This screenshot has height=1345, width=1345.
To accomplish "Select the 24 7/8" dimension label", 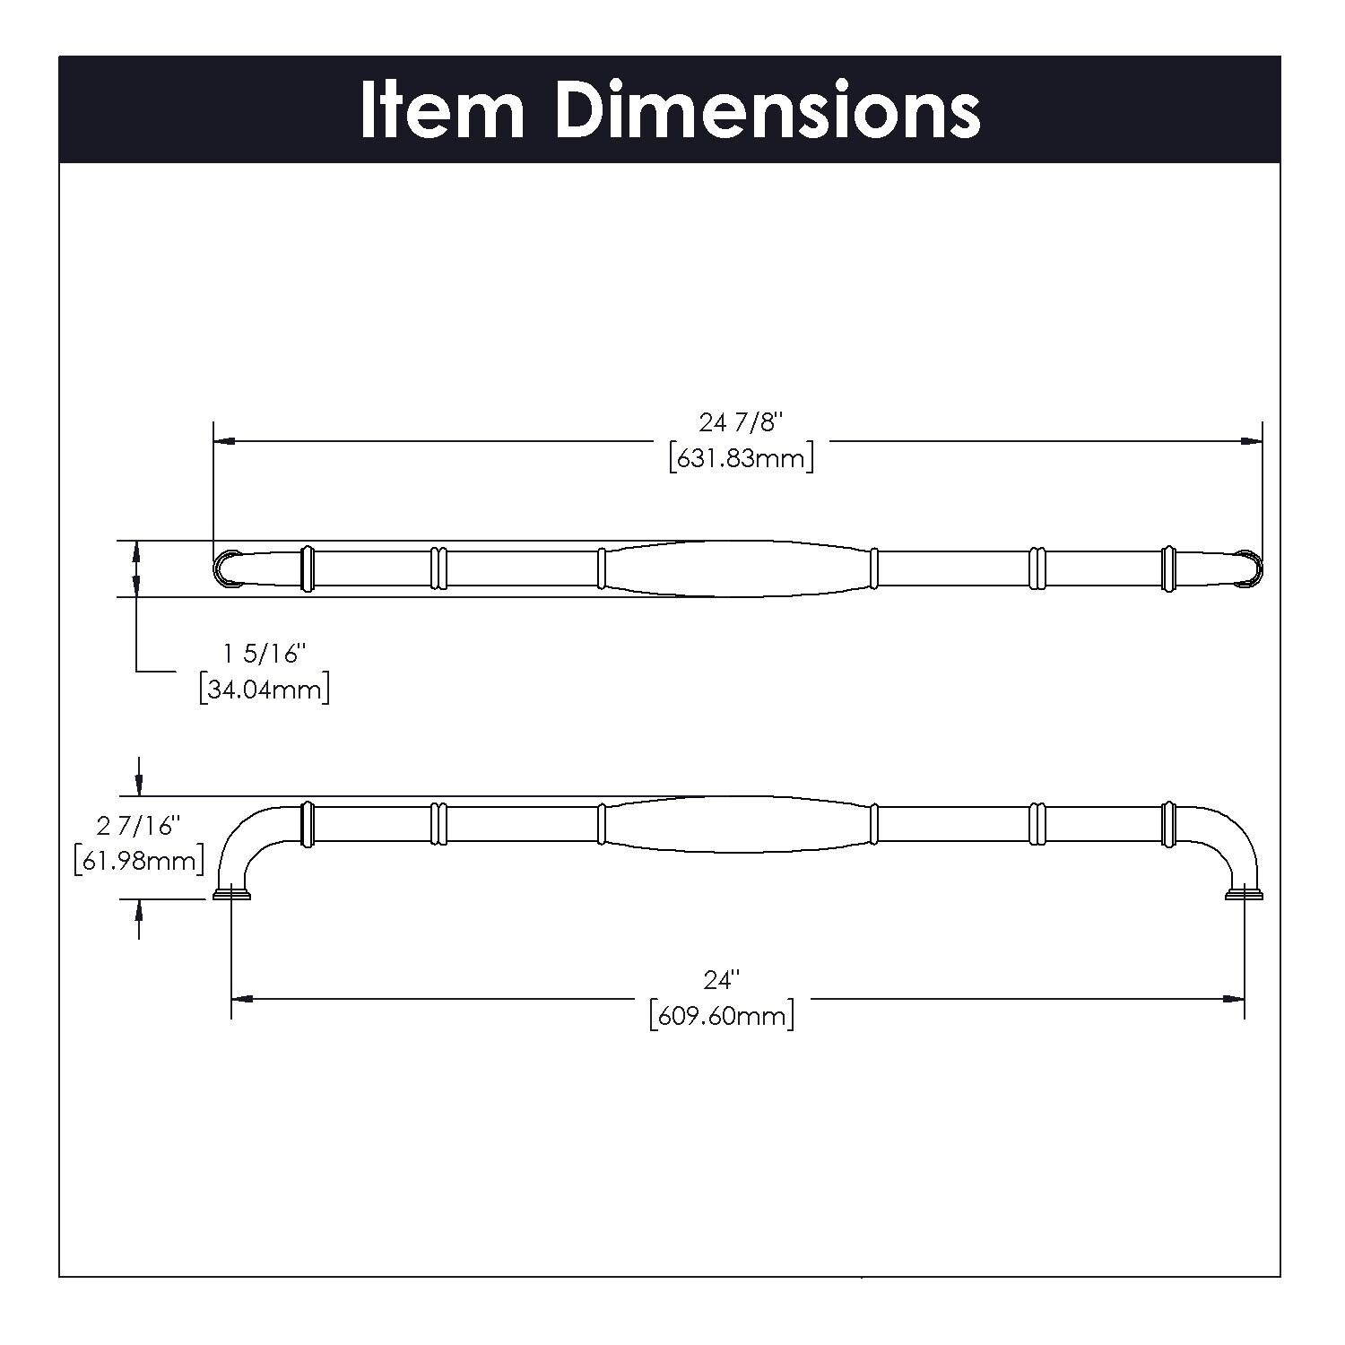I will [x=741, y=421].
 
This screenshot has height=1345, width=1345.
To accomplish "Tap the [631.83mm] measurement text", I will [x=741, y=459].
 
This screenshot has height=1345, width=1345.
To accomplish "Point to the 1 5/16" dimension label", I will [x=265, y=654].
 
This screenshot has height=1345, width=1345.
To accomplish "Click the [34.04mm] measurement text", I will [x=265, y=690].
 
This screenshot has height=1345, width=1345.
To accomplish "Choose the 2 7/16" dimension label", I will [x=139, y=825].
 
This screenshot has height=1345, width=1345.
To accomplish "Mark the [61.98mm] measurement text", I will [x=139, y=861].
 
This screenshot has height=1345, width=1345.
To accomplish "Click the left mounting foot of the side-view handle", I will [x=232, y=894].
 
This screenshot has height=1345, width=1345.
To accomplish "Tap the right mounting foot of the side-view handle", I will [x=1245, y=894].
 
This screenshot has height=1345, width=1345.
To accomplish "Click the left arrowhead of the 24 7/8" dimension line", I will [x=224, y=441].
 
